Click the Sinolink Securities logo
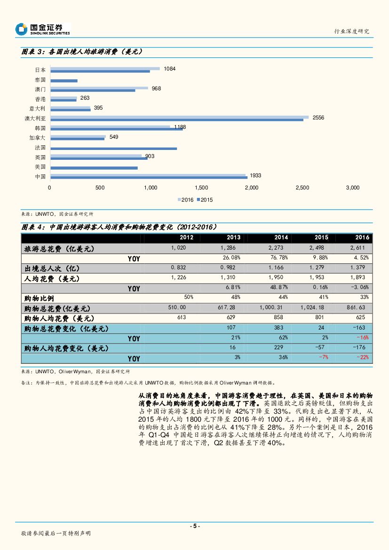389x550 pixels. pyautogui.click(x=42, y=29)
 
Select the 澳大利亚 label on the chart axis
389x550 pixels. pyautogui.click(x=35, y=118)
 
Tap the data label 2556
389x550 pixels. pyautogui.click(x=318, y=117)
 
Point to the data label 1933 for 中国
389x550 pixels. pyautogui.click(x=255, y=175)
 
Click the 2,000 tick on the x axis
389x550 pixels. pyautogui.click(x=252, y=188)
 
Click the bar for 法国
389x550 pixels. pyautogui.click(x=113, y=149)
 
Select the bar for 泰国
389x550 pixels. pyautogui.click(x=64, y=81)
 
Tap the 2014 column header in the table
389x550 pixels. pyautogui.click(x=281, y=238)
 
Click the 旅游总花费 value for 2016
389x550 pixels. pyautogui.click(x=360, y=248)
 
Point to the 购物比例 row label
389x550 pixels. pyautogui.click(x=39, y=299)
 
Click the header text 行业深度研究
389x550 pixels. pyautogui.click(x=351, y=31)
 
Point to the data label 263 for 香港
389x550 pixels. pyautogui.click(x=85, y=98)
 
